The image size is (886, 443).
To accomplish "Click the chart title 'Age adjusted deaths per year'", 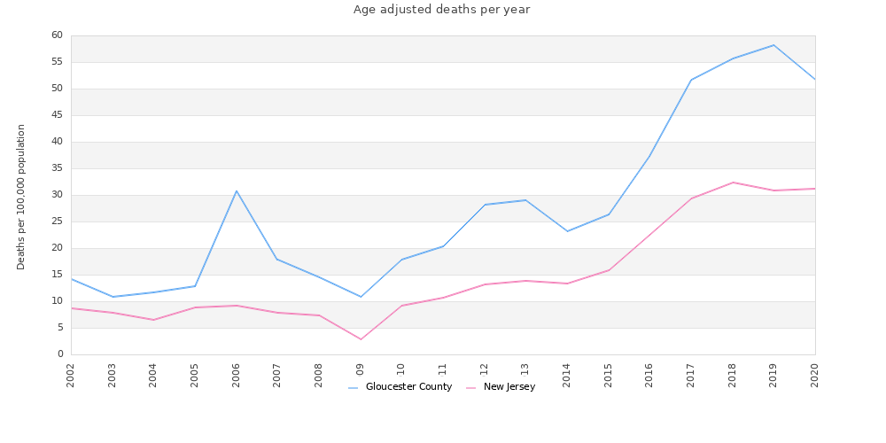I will click(441, 10).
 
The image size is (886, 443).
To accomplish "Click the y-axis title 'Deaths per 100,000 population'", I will click(21, 197).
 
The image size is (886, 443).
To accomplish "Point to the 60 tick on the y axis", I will click(57, 35).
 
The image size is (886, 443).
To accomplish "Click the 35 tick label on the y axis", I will click(57, 168).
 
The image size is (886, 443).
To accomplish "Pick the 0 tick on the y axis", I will click(59, 354).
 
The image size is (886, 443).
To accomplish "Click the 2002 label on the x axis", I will click(71, 375).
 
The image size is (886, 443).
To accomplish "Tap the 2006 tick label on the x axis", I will click(237, 375).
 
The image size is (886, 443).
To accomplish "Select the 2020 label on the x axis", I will click(815, 375).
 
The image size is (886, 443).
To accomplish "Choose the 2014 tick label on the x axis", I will click(567, 375).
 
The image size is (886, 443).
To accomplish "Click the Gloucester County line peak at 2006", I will click(237, 190).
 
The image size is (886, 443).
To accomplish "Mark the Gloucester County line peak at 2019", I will click(773, 45).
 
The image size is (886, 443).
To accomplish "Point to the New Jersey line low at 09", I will click(361, 339).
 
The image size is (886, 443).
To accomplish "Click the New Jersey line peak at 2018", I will click(733, 183).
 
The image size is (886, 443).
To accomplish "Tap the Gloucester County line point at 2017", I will click(691, 80).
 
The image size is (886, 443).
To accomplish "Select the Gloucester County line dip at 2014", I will click(567, 231).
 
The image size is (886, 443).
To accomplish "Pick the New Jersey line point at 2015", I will click(609, 270).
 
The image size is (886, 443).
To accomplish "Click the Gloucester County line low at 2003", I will click(113, 297).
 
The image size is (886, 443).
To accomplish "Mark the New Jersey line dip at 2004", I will click(153, 320).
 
